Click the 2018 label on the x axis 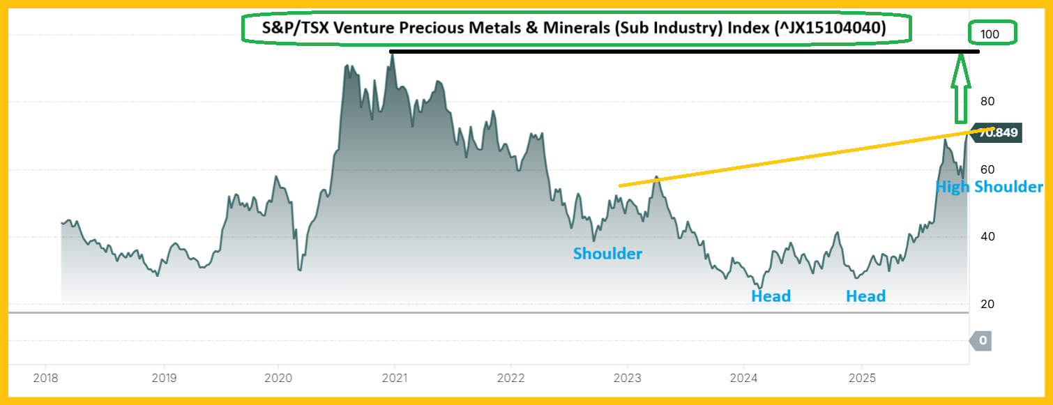click(x=45, y=378)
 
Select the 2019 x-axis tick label click(x=163, y=378)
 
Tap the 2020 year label click(x=278, y=378)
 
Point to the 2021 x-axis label click(x=395, y=378)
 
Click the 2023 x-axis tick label click(x=627, y=378)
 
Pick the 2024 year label click(x=744, y=378)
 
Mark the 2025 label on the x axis click(x=862, y=378)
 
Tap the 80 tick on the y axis click(x=987, y=102)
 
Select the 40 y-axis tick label click(x=987, y=237)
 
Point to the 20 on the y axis click(x=987, y=305)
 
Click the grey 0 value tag click(x=982, y=341)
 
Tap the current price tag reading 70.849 click(x=998, y=132)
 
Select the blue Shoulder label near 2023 click(x=607, y=254)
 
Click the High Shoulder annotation click(x=989, y=187)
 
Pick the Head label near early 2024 click(x=771, y=296)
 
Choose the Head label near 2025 click(x=865, y=296)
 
